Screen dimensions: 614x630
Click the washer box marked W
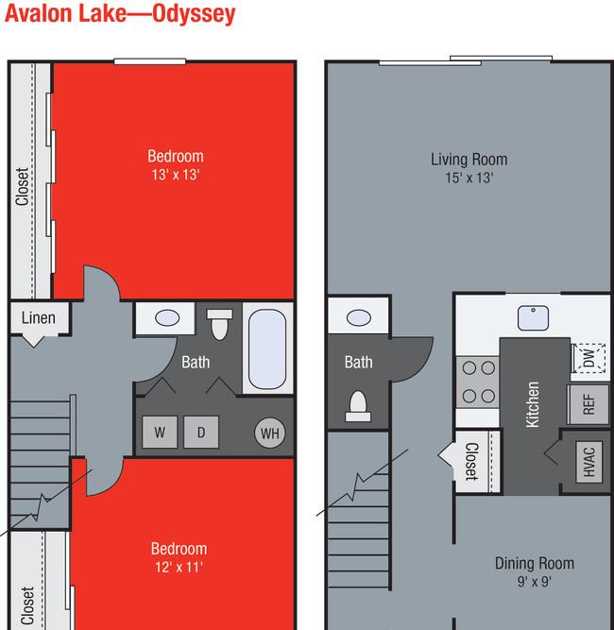click(160, 432)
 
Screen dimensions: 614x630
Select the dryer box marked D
click(201, 432)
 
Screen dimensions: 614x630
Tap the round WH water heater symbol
click(270, 434)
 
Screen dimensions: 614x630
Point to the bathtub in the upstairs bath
click(267, 349)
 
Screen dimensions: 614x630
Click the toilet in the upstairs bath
click(219, 324)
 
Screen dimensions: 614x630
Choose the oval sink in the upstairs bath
click(167, 318)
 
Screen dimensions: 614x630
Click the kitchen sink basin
click(533, 318)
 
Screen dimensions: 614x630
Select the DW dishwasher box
click(588, 358)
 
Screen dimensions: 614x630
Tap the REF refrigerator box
click(588, 404)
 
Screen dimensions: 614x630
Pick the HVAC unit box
click(589, 462)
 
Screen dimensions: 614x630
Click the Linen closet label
click(39, 317)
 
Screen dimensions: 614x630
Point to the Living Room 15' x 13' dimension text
click(469, 178)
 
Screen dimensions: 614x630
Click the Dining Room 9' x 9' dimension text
click(535, 582)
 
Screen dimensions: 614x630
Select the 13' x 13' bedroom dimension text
click(176, 175)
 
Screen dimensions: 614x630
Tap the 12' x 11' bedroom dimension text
click(179, 567)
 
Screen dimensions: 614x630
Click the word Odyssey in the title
click(194, 14)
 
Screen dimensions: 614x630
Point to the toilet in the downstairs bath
click(358, 406)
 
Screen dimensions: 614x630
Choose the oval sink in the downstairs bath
click(359, 317)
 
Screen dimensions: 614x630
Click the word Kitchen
click(533, 404)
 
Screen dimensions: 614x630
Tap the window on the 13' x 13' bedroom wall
click(150, 61)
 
